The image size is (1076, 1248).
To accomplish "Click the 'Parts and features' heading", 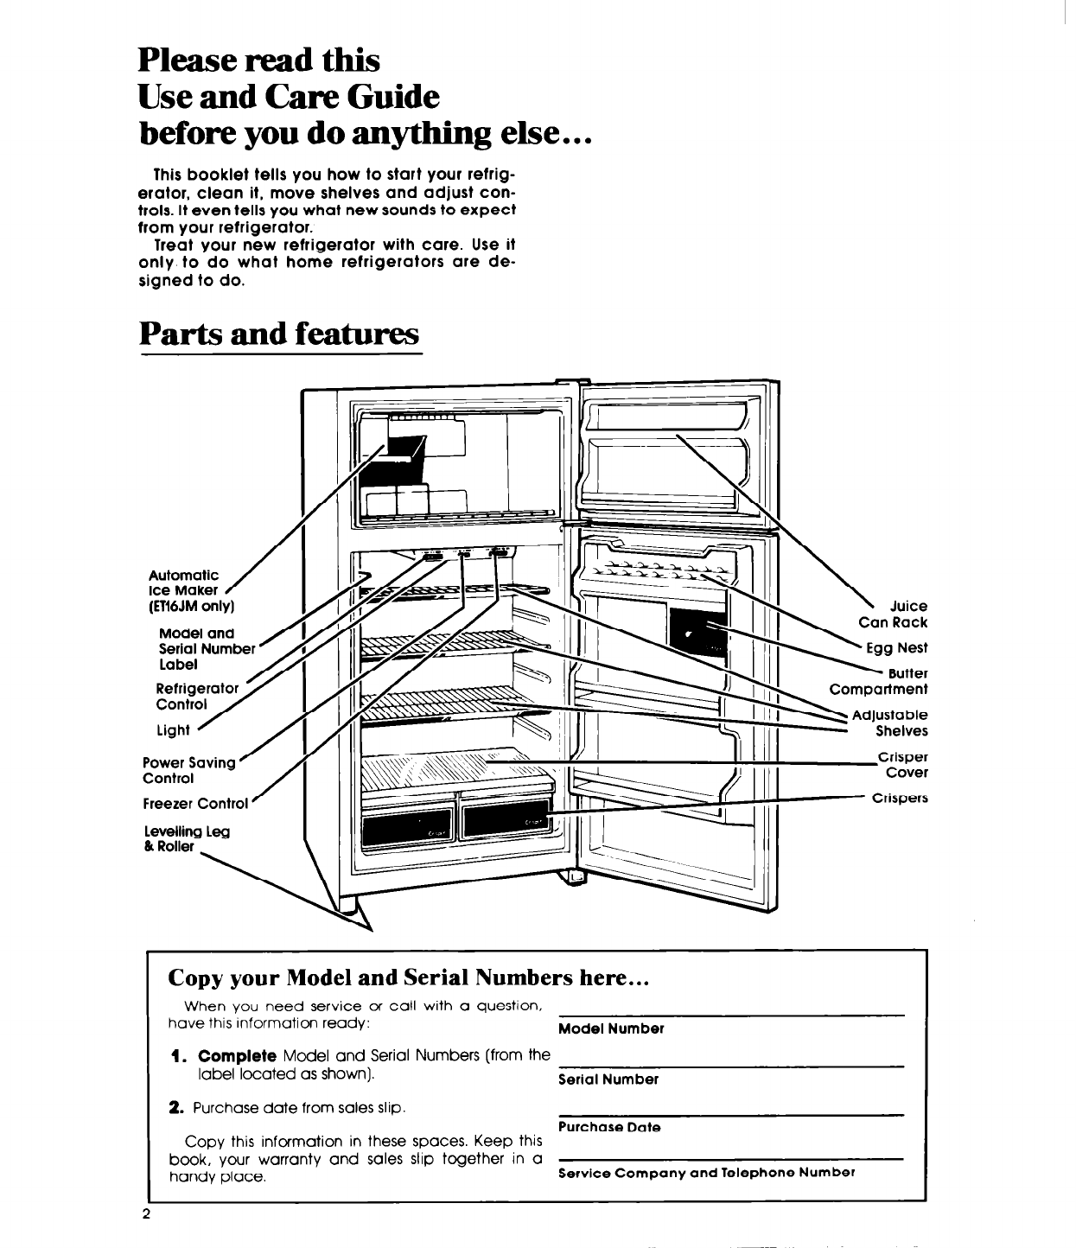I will [x=280, y=333].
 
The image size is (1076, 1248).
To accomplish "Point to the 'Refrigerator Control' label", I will [x=196, y=696].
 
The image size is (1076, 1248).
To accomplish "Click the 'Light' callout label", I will [x=172, y=730].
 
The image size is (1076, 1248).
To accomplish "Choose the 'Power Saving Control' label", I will [x=188, y=770].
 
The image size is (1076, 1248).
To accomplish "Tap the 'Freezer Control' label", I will [x=195, y=804].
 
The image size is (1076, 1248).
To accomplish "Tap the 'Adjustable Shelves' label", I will [x=889, y=723].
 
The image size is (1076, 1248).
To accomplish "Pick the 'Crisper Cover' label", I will [x=902, y=764].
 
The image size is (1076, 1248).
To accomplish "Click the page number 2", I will [x=147, y=1214].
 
